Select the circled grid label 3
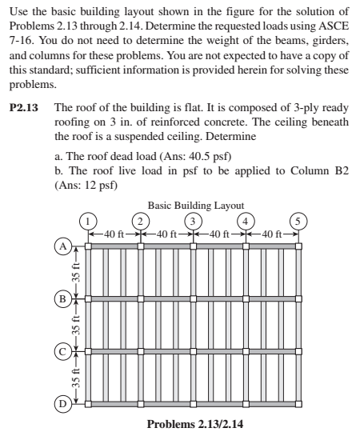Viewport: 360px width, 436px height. click(192, 221)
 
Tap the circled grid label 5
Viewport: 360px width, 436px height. click(298, 221)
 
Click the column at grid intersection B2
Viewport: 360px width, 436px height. click(141, 298)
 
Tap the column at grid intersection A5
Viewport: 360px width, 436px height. click(298, 246)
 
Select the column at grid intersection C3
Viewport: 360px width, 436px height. click(193, 350)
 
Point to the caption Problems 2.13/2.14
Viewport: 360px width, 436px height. click(192, 423)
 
